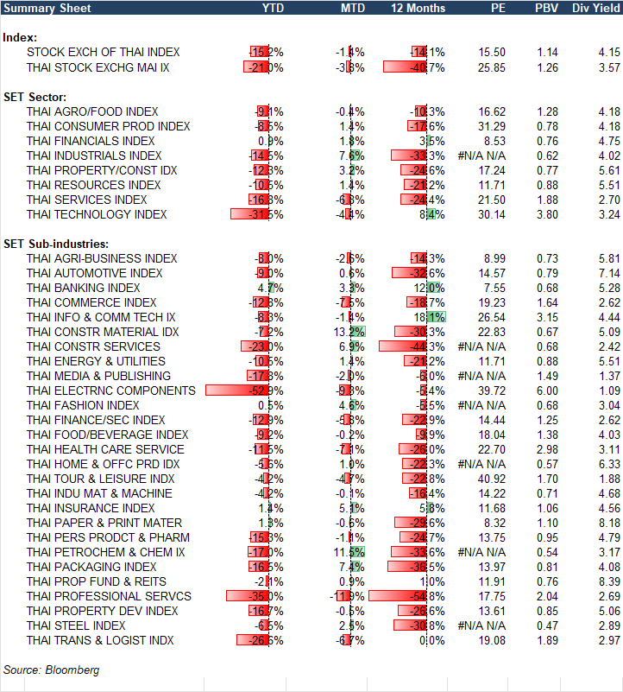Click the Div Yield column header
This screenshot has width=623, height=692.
(596, 8)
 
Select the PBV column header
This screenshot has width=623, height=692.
(545, 8)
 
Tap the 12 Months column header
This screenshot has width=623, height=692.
(418, 8)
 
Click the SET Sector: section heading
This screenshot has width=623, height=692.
(35, 97)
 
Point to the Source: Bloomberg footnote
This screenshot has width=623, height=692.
(51, 670)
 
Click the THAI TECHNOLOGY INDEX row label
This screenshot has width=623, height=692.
(97, 214)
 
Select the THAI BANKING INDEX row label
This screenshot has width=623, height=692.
(84, 288)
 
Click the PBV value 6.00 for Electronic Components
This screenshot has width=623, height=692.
(547, 390)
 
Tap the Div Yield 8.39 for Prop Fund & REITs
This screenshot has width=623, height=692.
(608, 581)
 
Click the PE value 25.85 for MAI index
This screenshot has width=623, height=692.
(491, 67)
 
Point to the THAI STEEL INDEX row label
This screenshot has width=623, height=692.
(76, 625)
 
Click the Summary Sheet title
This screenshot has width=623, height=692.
(39, 8)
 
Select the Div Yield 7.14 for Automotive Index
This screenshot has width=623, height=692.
(608, 273)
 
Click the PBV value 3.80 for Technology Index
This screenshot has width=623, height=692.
(547, 214)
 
